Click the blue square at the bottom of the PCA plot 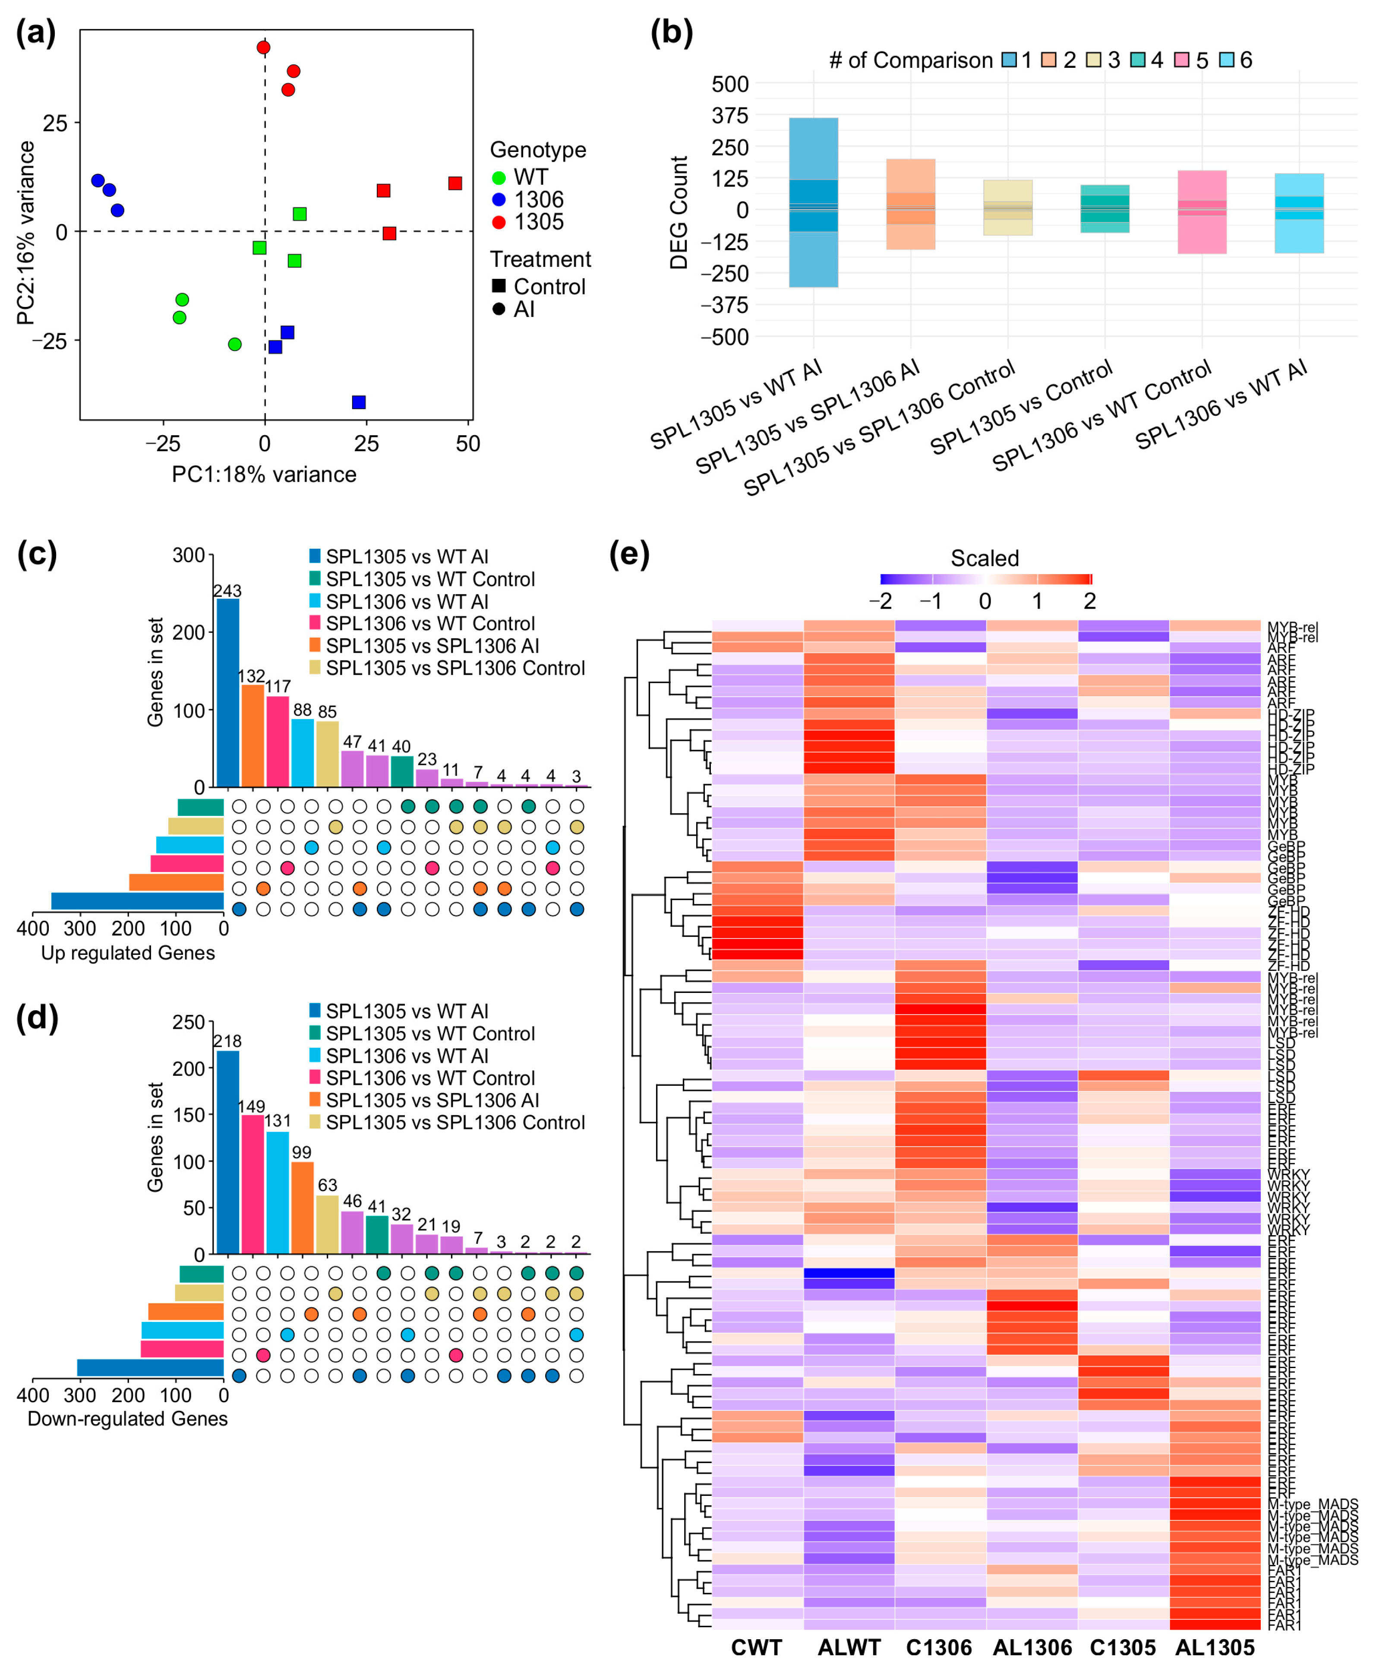(x=358, y=402)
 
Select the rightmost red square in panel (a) (x=455, y=183)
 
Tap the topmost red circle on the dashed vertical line (x=263, y=47)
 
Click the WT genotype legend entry (x=530, y=177)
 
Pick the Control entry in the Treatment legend (x=549, y=286)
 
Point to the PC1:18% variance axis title (x=264, y=474)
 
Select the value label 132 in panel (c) (x=252, y=676)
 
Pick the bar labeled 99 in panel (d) (x=302, y=1208)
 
